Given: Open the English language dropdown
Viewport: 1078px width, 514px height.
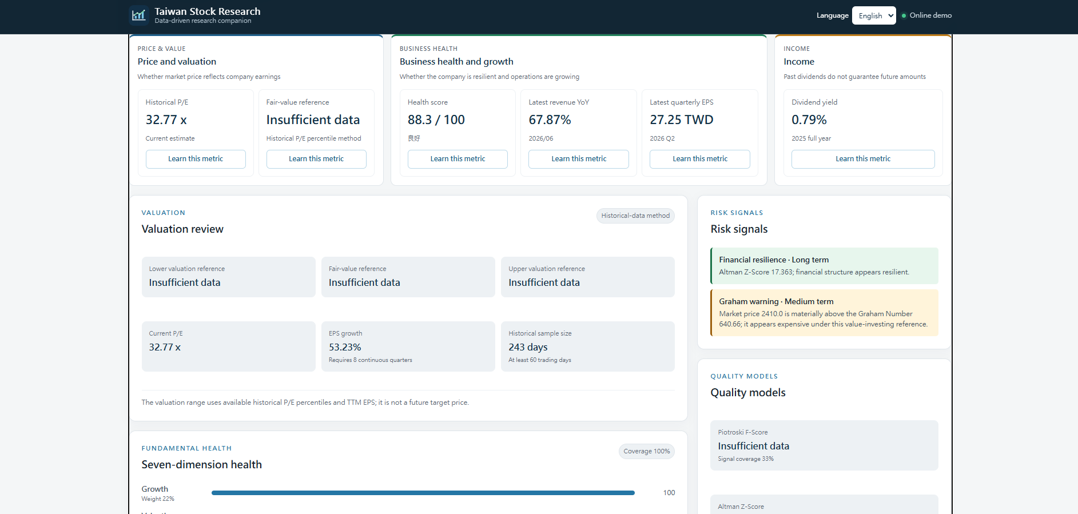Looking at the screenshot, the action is pos(874,15).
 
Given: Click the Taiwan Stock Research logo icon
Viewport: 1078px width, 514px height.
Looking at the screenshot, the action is pos(138,15).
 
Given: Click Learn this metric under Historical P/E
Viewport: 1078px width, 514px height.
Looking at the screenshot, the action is pos(196,159).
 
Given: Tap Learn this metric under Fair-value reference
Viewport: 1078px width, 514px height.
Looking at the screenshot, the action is pos(316,159).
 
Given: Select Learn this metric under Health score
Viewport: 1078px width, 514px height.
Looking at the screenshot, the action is pos(458,159).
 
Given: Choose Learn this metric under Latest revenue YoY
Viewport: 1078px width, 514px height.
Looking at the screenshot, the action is pos(579,159).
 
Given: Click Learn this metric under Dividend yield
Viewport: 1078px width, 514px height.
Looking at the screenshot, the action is pos(863,159).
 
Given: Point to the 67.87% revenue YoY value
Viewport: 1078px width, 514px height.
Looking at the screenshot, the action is pos(550,120).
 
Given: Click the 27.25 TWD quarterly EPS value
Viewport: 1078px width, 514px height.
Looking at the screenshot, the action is pos(682,120).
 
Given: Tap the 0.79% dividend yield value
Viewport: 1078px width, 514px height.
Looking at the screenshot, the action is pos(809,120).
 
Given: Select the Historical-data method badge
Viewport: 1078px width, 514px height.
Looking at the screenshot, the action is pos(635,216).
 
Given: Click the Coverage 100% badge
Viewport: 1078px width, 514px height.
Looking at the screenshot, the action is pos(647,451).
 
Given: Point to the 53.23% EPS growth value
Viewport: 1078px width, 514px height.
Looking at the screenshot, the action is pos(345,347).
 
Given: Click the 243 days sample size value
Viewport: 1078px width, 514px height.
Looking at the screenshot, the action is pos(528,347).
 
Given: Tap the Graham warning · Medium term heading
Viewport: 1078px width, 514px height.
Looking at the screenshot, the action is pos(776,301).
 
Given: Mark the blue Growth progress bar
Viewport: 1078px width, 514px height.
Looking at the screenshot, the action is pos(423,493).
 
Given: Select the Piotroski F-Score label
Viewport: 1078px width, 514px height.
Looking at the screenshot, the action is pos(743,432).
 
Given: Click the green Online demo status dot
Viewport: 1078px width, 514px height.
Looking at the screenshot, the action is pos(904,15).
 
